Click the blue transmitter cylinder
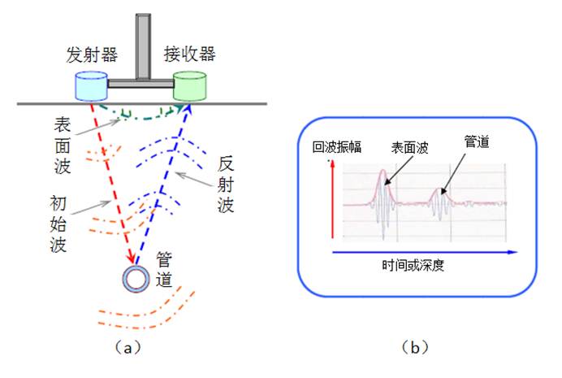(91, 86)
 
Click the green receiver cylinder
(189, 86)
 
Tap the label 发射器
(92, 55)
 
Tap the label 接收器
(189, 54)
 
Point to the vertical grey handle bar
(143, 46)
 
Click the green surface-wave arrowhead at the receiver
(179, 108)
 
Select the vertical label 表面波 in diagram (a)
(63, 146)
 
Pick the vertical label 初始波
(58, 224)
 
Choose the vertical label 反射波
(226, 185)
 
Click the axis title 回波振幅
(336, 147)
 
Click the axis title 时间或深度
(413, 266)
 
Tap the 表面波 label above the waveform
(409, 147)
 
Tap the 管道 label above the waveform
(477, 141)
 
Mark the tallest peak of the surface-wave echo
(383, 170)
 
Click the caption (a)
(128, 348)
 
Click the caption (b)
(415, 348)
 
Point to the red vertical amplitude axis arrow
(333, 199)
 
